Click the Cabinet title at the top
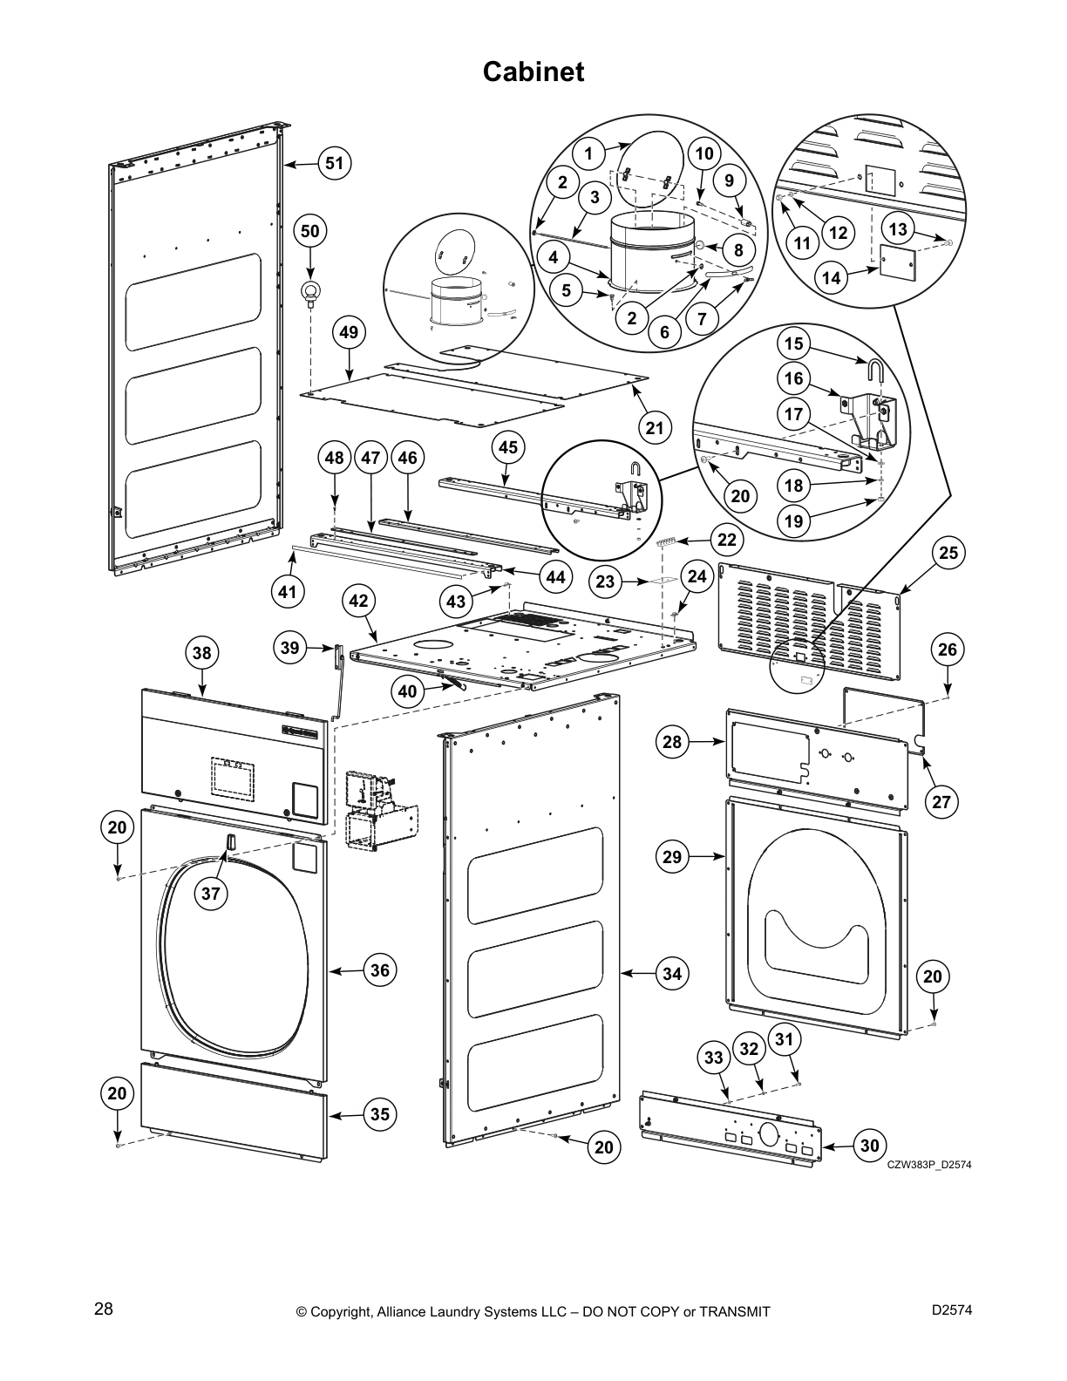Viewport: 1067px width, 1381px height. (533, 71)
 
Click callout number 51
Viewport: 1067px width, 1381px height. (334, 163)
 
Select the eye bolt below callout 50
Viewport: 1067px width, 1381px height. (310, 294)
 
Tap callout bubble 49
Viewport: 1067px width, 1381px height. (349, 332)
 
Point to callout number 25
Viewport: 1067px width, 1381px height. (948, 552)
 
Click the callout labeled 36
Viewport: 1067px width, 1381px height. (380, 970)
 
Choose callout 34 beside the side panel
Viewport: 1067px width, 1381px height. (671, 973)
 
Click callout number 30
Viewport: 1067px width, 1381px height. (870, 1146)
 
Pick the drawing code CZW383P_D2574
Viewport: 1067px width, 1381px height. (928, 1165)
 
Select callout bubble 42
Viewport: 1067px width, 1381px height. (358, 601)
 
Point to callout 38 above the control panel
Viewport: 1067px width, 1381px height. (201, 653)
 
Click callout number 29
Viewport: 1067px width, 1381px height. (671, 857)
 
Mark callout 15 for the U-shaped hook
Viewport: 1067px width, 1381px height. (793, 344)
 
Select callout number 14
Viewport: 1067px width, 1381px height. (832, 277)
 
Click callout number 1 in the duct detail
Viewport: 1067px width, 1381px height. (588, 154)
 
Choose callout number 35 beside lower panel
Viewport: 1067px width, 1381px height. (380, 1114)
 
